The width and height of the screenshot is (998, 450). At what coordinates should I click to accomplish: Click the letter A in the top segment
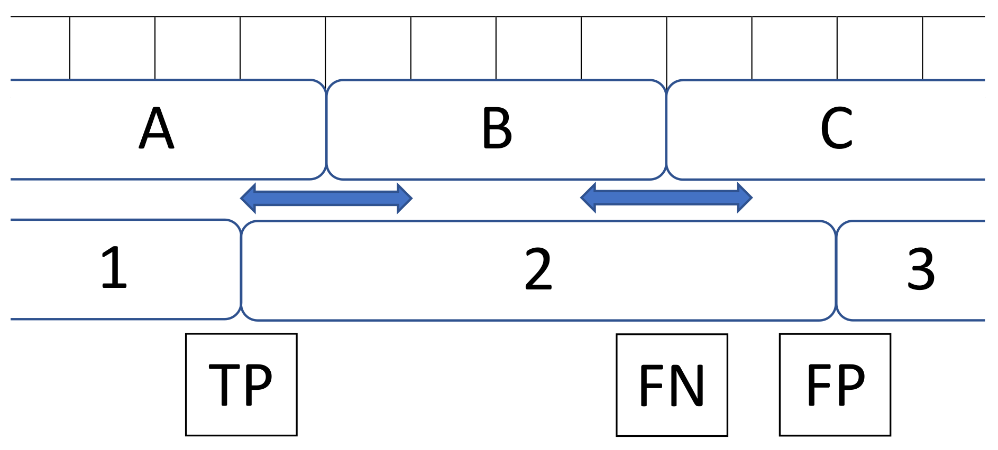point(157,128)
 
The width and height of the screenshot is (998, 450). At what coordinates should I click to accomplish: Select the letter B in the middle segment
point(497,128)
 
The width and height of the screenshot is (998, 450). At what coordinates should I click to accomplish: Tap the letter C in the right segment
point(836,128)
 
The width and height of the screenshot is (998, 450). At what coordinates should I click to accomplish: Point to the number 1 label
point(114,268)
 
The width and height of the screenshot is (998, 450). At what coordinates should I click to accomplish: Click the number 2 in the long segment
point(538,269)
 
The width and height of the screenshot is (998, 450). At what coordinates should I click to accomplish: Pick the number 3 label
point(921,269)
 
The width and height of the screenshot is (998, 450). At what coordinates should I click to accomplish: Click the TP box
point(241,385)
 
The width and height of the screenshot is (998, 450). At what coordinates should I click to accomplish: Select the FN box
point(672,385)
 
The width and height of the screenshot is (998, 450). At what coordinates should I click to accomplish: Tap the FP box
point(835,385)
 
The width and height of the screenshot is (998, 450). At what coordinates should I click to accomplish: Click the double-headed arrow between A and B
point(326,198)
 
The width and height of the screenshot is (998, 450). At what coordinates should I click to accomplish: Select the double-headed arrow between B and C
point(666,198)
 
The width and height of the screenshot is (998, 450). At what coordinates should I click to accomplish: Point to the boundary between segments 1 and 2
point(241,269)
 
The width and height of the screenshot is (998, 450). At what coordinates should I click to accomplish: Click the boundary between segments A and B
point(326,129)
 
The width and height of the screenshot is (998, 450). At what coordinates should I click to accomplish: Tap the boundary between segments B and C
point(666,129)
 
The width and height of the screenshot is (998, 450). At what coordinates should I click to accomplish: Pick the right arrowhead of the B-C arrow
point(745,198)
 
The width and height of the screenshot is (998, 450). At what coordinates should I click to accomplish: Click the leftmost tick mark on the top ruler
point(70,48)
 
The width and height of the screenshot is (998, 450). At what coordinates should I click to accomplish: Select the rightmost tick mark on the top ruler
point(923,48)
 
